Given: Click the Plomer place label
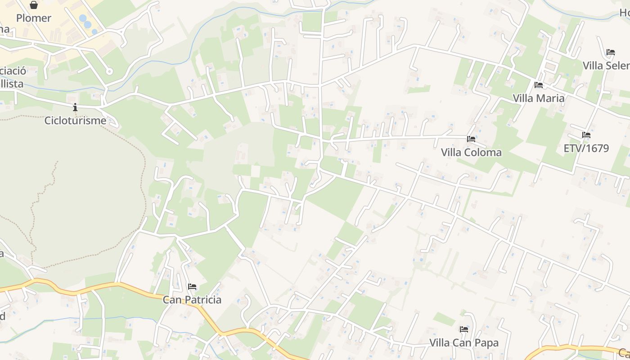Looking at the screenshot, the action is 34,18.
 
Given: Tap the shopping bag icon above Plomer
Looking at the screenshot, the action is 34,5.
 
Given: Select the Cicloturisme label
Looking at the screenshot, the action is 75,121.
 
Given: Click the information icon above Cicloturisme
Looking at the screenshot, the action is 75,108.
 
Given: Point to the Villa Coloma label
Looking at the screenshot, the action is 471,153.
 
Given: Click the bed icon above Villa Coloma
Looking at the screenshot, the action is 471,139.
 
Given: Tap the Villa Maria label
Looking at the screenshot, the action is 539,98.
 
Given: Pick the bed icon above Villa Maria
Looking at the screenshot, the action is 539,85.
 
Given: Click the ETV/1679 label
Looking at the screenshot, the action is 586,148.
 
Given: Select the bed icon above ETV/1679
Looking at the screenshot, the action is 586,135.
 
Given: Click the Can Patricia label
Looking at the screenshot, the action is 192,300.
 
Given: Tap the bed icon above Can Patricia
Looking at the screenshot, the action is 192,287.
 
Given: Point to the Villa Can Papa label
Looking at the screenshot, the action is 464,343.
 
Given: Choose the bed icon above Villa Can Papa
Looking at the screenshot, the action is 464,329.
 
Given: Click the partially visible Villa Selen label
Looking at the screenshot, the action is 606,66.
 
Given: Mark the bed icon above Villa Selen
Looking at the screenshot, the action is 611,52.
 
